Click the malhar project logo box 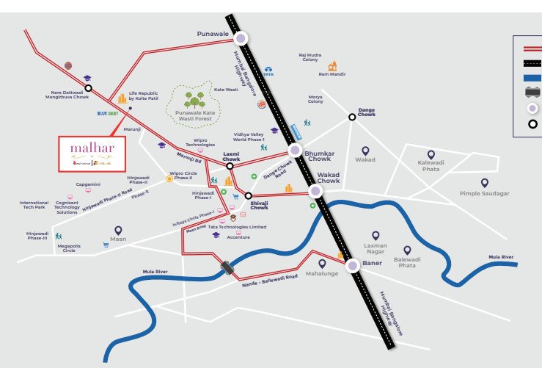92,153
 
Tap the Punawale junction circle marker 241,37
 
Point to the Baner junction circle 353,266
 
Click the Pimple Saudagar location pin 484,182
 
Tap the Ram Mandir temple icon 332,65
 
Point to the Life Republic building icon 122,97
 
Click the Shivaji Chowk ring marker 249,196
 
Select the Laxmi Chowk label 232,156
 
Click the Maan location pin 118,231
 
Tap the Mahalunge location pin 321,264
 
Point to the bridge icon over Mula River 228,268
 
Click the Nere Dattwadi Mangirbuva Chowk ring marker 88,87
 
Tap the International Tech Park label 34,205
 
